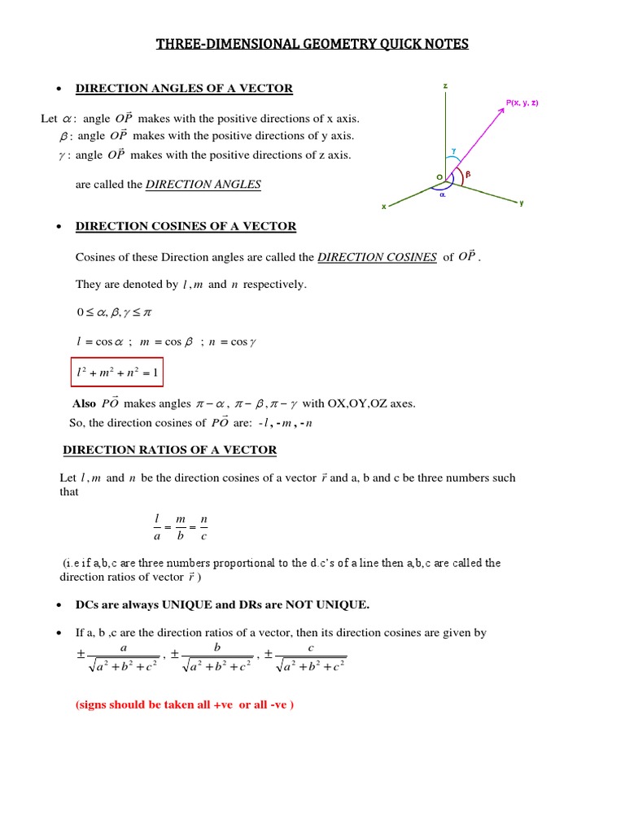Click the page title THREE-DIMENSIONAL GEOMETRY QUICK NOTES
[312, 44]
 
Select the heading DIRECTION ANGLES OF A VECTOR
[184, 89]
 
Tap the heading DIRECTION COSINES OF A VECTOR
[186, 226]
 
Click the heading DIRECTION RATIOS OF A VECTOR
[170, 450]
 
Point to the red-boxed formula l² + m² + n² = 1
[116, 373]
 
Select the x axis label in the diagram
[383, 207]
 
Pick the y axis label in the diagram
[522, 203]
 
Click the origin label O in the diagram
[439, 177]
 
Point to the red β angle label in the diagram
[468, 174]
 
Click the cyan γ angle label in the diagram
[453, 150]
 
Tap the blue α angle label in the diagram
[443, 195]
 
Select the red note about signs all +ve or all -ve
[184, 704]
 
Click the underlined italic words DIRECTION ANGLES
[203, 185]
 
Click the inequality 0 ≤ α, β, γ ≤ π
[114, 312]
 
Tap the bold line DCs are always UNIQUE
[222, 604]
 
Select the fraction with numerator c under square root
[310, 657]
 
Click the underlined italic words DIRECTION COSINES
[377, 257]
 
